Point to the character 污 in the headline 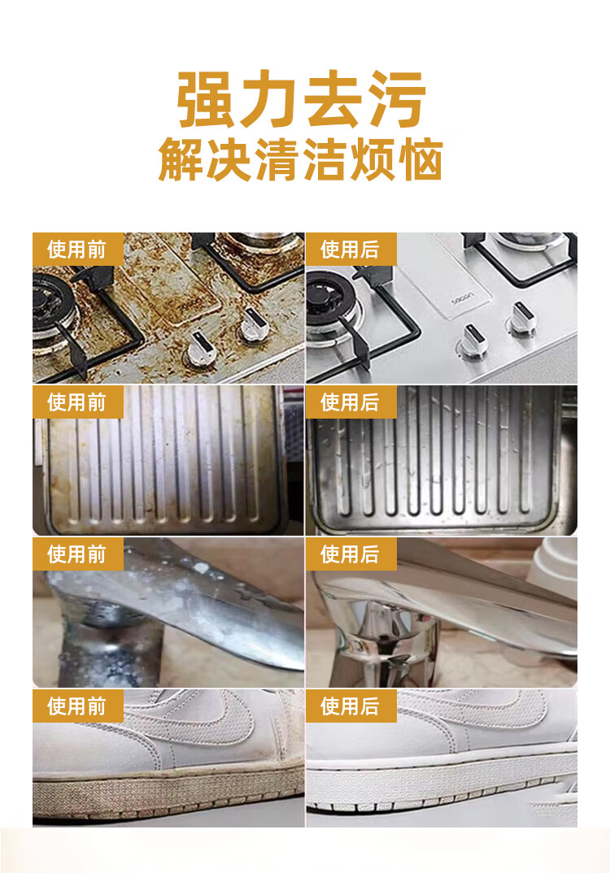point(398,99)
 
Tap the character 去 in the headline point(333,99)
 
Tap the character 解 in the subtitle point(181,160)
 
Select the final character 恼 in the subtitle point(420,160)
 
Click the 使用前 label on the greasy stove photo point(77,250)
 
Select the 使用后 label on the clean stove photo point(350,250)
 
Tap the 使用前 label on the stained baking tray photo point(77,402)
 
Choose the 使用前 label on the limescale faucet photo point(77,554)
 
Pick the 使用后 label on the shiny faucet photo point(350,554)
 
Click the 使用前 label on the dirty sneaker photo point(77,706)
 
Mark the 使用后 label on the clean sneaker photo point(350,706)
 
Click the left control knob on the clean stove point(473,341)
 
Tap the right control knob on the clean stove point(522,318)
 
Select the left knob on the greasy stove point(202,349)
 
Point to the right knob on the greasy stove point(251,324)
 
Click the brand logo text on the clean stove point(462,298)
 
